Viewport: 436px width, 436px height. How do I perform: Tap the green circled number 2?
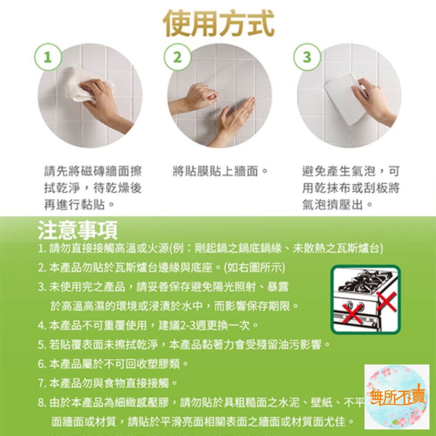click(x=177, y=57)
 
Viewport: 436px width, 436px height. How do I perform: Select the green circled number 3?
click(x=307, y=57)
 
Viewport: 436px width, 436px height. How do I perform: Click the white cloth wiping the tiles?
click(x=87, y=83)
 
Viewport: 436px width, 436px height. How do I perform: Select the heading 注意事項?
click(x=77, y=231)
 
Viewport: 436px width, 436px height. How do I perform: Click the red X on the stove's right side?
click(x=386, y=301)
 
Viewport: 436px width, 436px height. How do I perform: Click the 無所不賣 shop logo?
click(x=396, y=397)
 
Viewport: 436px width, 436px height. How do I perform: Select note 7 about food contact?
click(x=108, y=384)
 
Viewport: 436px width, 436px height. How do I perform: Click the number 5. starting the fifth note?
click(x=42, y=345)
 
